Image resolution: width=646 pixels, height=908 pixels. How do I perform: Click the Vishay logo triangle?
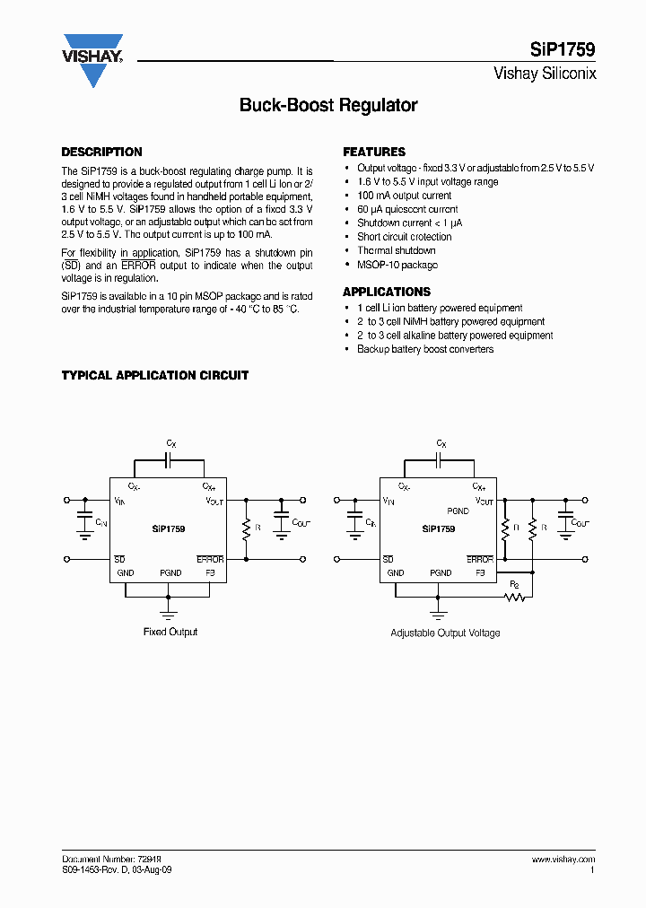click(x=92, y=63)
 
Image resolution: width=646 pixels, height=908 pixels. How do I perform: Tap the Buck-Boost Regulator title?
click(x=328, y=105)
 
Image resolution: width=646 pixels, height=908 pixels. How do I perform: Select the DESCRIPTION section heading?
click(x=101, y=153)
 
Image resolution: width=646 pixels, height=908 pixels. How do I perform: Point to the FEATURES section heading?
click(x=374, y=153)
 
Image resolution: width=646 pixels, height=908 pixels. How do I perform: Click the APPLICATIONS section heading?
click(x=387, y=292)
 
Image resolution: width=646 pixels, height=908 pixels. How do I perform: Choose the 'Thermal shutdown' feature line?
click(x=396, y=251)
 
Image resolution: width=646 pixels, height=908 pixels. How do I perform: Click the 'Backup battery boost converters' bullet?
click(x=425, y=349)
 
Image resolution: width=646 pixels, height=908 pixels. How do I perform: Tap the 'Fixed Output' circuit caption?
click(x=170, y=632)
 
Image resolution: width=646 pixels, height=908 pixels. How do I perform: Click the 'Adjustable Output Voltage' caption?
click(x=445, y=633)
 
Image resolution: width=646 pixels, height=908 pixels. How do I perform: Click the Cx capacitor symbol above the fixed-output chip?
click(x=169, y=460)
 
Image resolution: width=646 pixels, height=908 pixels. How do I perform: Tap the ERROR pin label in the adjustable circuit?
click(x=480, y=559)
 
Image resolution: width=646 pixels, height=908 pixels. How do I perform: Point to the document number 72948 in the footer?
click(x=146, y=859)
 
